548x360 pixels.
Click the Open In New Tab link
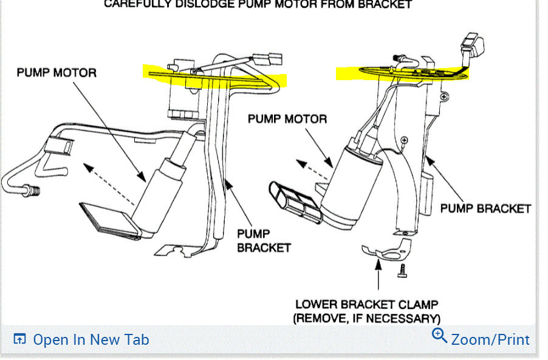point(90,339)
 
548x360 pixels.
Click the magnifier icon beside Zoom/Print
point(439,335)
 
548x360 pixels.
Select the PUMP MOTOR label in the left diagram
point(56,72)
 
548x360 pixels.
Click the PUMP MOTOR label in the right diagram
point(287,118)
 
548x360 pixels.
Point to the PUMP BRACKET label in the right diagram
point(485,208)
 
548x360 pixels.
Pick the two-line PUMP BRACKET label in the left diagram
point(264,241)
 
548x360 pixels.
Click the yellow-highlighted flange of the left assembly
point(213,76)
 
